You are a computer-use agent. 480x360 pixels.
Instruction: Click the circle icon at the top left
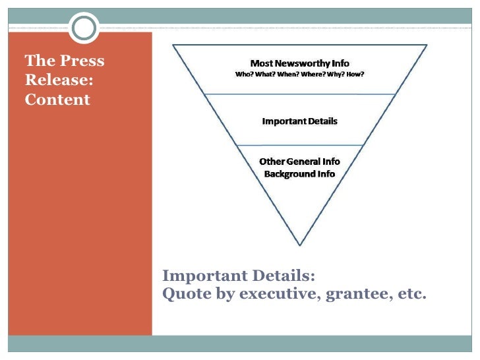click(84, 28)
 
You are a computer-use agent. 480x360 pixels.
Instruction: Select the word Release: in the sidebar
click(58, 80)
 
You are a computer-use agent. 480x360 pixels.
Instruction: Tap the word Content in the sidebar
click(57, 100)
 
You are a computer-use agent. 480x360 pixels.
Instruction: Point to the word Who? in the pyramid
click(244, 74)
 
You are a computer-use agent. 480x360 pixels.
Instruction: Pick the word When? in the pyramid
click(292, 74)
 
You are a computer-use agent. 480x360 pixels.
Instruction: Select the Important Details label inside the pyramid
click(299, 121)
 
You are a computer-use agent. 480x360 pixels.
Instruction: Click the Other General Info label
click(299, 162)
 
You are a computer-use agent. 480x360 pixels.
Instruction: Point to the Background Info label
click(299, 174)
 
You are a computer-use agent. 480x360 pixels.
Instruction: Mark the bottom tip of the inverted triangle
click(300, 245)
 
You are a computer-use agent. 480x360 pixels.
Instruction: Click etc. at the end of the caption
click(412, 294)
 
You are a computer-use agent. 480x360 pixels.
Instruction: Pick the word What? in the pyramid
click(267, 74)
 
